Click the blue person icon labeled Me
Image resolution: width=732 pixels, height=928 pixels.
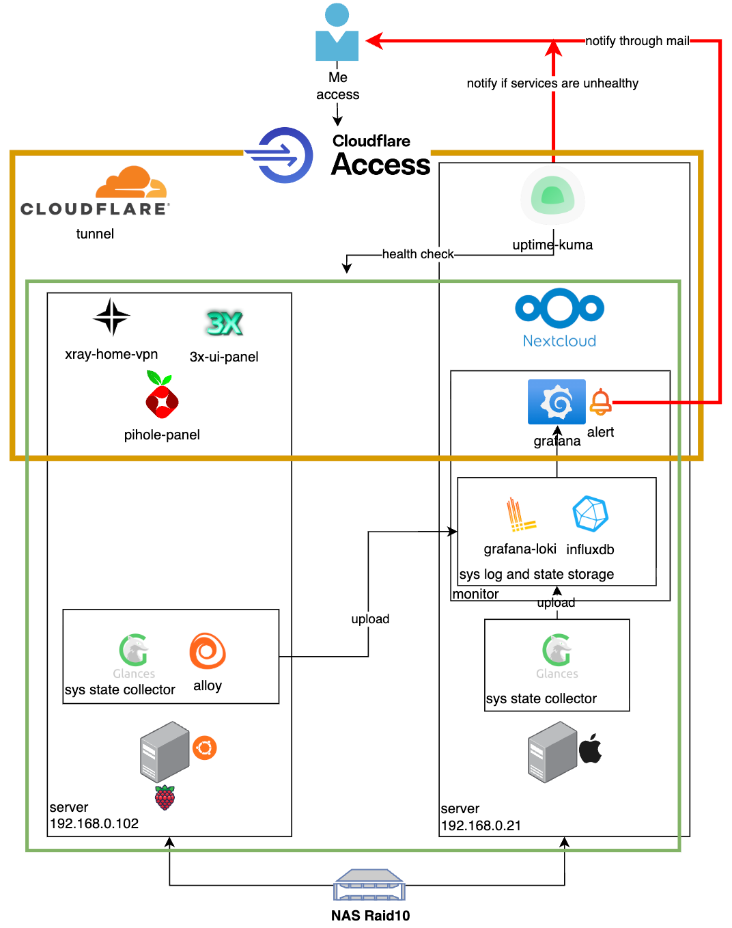[337, 33]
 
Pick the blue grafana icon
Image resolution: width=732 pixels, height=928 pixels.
[557, 402]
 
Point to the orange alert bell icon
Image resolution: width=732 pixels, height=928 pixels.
[600, 402]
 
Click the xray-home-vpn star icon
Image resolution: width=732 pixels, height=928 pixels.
[111, 317]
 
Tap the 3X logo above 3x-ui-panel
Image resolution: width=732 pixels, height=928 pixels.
[224, 323]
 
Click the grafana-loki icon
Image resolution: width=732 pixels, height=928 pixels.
[520, 515]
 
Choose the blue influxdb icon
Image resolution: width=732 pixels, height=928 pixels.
[590, 514]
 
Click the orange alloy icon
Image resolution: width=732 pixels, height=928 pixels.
[208, 651]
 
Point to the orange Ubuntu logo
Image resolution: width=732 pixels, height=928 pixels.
[204, 748]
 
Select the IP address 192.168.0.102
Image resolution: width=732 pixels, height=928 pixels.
[94, 823]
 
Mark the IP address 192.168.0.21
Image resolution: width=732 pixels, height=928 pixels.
[481, 825]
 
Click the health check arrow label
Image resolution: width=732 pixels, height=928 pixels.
[418, 254]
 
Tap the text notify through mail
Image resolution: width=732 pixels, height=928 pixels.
[637, 41]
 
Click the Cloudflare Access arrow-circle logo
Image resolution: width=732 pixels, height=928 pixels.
[279, 155]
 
